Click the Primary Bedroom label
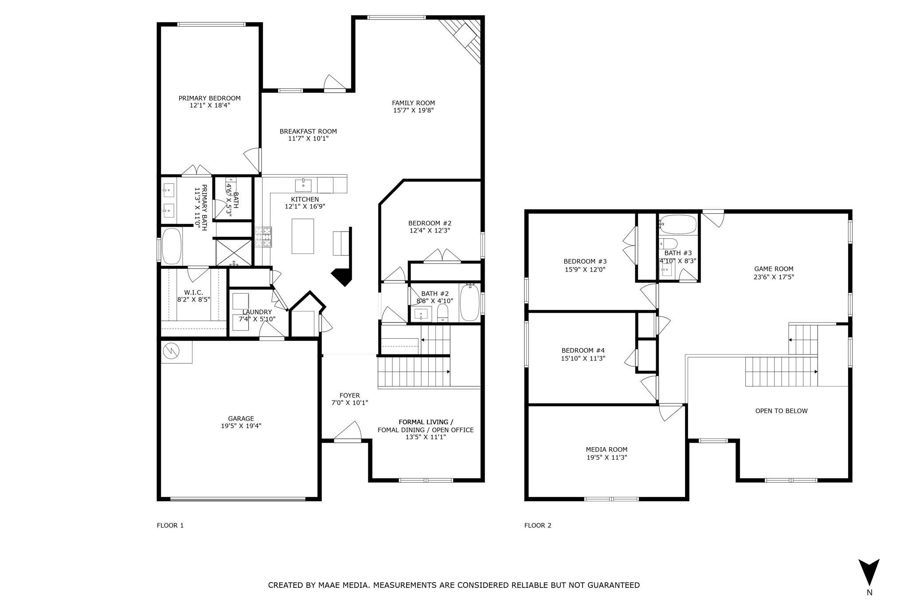pos(209,98)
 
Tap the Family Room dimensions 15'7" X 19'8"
pos(413,110)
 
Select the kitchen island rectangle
pos(302,236)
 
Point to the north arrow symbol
pos(869,572)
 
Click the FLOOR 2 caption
pos(537,525)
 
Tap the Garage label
pos(241,418)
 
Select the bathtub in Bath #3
pos(677,225)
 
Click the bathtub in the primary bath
pos(171,246)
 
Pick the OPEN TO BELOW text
pos(781,411)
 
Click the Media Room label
pos(607,449)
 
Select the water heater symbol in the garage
pos(171,351)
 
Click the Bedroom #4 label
pos(583,350)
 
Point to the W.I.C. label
pos(193,292)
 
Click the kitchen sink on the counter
pos(303,185)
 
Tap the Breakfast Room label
pos(308,131)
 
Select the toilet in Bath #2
pos(442,314)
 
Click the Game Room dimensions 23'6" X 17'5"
pos(774,277)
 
